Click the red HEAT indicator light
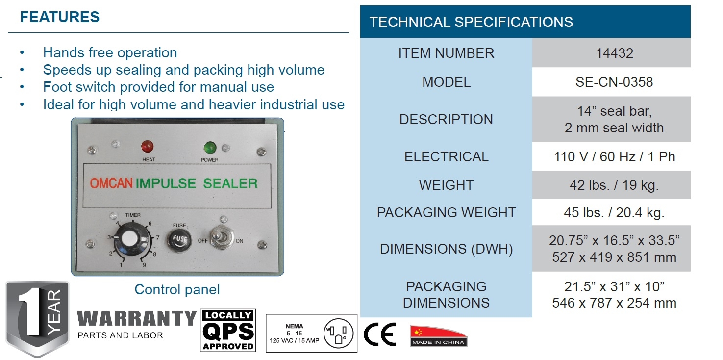click(x=147, y=146)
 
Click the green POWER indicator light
click(x=210, y=147)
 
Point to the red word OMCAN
click(x=111, y=183)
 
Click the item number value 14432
click(x=614, y=53)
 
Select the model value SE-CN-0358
click(x=614, y=82)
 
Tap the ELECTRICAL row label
click(x=446, y=157)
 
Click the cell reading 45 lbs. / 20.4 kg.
click(x=614, y=213)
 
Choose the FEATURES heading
click(x=59, y=17)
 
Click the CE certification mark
click(x=379, y=335)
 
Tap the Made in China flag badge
click(x=438, y=336)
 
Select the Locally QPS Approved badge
click(x=228, y=330)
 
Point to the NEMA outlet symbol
click(x=338, y=333)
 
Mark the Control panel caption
click(x=177, y=290)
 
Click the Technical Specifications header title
click(x=471, y=22)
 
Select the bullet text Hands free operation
click(x=110, y=52)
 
